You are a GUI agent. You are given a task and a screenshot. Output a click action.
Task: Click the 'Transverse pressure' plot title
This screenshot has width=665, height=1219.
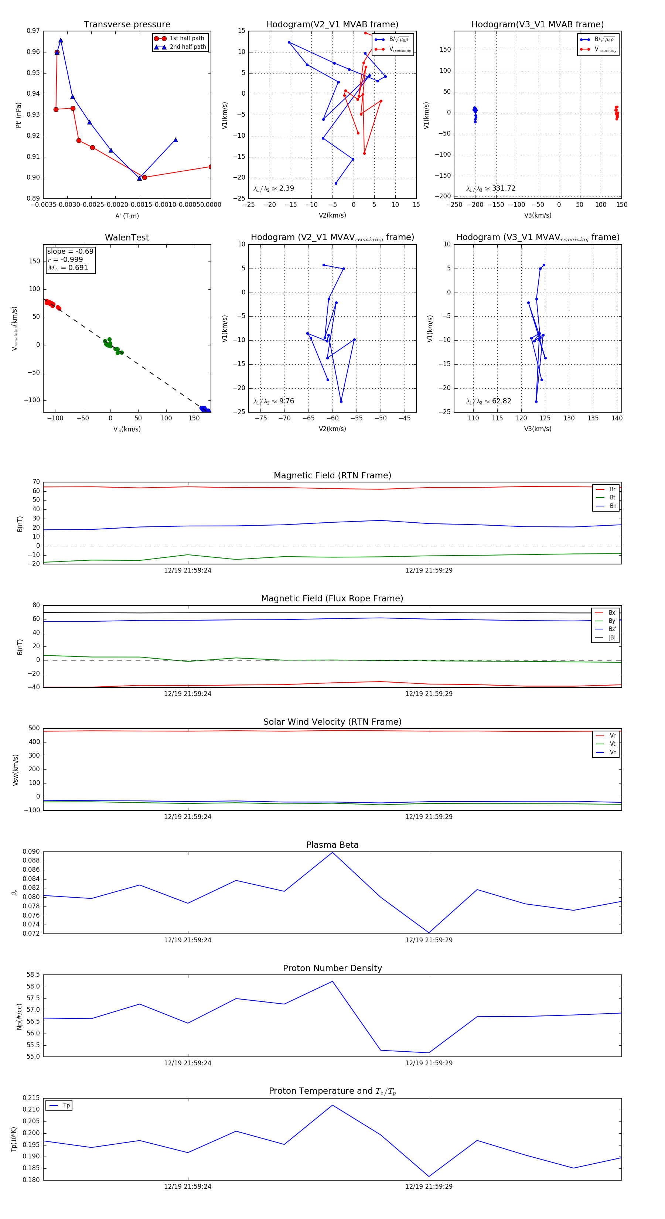coord(127,25)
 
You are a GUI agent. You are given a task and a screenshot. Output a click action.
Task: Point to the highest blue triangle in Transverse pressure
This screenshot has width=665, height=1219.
coord(61,41)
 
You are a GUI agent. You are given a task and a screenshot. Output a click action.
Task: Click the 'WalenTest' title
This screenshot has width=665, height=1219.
coord(127,238)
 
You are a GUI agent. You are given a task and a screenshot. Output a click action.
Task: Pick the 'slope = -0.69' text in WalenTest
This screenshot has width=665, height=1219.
coord(70,251)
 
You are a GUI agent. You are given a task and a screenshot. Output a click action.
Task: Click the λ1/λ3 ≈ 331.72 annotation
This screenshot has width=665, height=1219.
coord(491,188)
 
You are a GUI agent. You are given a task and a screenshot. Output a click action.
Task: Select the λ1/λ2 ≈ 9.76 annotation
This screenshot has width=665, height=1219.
coord(273,401)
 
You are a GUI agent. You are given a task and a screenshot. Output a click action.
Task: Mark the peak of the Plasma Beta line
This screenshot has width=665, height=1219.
coord(332,852)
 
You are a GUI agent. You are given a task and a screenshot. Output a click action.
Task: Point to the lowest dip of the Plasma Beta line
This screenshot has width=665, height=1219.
coord(429,933)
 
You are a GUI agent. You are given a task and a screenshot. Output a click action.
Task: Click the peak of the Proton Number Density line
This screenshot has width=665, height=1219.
coord(332,981)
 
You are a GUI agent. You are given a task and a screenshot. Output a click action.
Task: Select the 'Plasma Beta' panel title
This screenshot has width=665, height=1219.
coord(332,845)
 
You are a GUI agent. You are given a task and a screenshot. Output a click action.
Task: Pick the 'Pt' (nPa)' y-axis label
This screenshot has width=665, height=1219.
coord(18,115)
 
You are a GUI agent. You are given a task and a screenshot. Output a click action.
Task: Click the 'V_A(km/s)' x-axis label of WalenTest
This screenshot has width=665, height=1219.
coord(127,429)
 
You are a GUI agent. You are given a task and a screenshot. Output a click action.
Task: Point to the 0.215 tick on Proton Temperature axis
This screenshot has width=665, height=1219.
coord(32,1098)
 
